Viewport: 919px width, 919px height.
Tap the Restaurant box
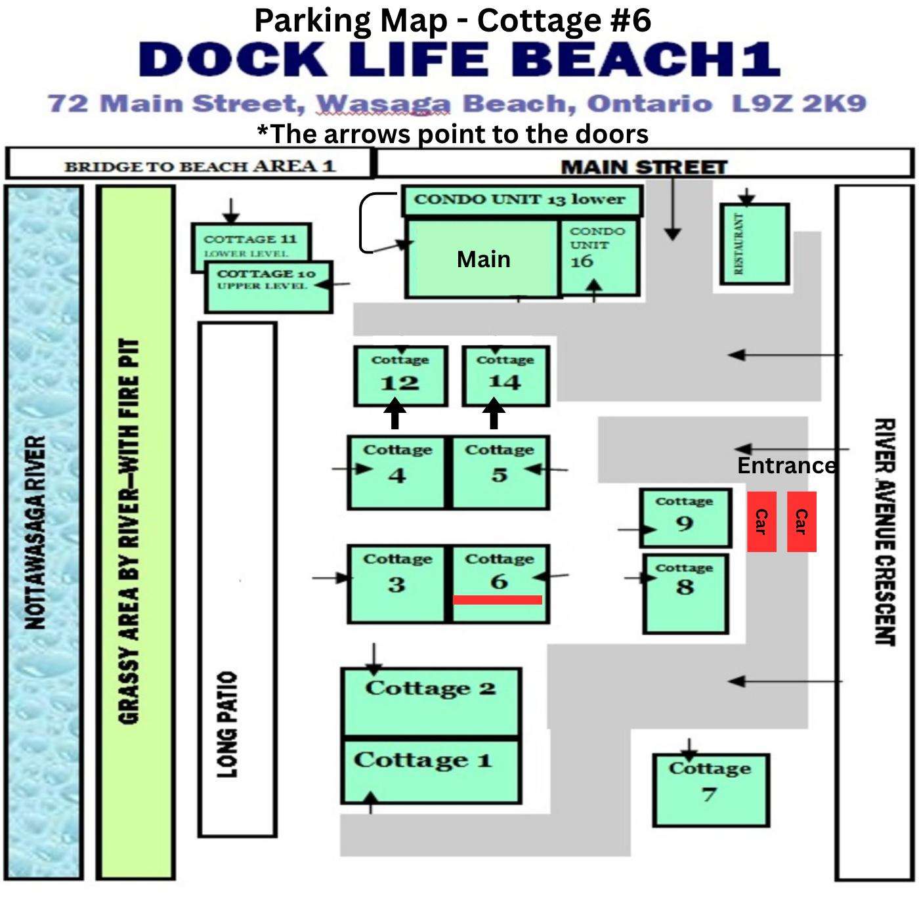click(754, 244)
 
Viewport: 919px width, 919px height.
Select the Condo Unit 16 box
click(599, 257)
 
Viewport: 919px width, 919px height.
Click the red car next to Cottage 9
click(761, 521)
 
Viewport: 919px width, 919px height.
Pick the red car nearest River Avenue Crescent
click(801, 521)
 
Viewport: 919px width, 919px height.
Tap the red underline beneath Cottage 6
click(497, 599)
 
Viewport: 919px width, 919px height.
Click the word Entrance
click(786, 465)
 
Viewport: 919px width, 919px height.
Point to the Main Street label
click(644, 167)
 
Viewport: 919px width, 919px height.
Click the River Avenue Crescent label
click(885, 532)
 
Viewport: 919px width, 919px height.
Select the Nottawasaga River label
click(35, 532)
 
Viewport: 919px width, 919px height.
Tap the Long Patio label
click(228, 725)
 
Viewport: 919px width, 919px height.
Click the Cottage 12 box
click(400, 376)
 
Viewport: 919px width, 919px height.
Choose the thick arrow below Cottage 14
click(494, 413)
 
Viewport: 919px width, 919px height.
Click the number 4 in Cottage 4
click(396, 475)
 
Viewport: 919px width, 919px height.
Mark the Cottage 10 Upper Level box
click(268, 287)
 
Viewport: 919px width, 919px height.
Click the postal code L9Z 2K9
click(800, 104)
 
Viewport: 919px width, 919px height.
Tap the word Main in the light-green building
click(484, 259)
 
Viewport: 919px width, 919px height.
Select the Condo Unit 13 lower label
click(519, 199)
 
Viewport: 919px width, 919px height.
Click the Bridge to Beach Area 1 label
click(200, 167)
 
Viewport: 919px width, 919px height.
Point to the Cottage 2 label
click(431, 688)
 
